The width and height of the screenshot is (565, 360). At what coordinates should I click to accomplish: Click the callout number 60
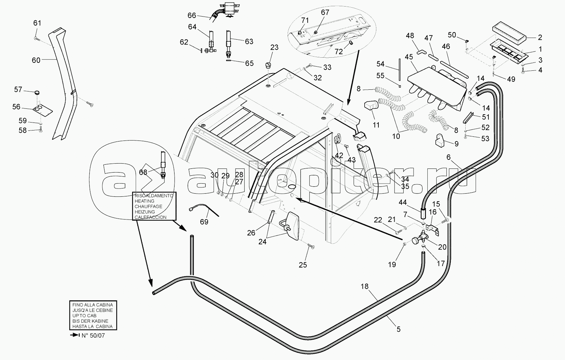click(x=36, y=60)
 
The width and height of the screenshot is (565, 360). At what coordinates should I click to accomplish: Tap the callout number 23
click(x=274, y=47)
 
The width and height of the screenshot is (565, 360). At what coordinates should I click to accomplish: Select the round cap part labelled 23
click(x=269, y=65)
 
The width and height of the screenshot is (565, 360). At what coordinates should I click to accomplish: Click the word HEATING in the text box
click(x=142, y=201)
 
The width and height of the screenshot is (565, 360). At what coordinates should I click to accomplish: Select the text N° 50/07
click(x=93, y=335)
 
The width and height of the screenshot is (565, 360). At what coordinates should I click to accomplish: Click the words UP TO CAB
click(x=85, y=315)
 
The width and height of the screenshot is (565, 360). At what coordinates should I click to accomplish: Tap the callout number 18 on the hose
click(x=365, y=286)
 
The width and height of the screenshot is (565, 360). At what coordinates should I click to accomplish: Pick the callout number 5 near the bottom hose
click(x=398, y=329)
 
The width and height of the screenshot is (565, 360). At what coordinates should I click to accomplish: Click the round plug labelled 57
click(x=37, y=93)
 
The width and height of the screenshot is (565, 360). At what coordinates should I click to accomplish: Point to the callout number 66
click(x=192, y=15)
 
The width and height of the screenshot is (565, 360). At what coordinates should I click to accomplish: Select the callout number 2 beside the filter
click(x=540, y=38)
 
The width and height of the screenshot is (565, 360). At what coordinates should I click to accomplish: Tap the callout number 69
click(x=204, y=222)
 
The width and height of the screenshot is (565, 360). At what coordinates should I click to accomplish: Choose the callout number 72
click(x=339, y=52)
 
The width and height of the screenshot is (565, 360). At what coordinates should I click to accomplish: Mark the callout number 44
click(x=403, y=202)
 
